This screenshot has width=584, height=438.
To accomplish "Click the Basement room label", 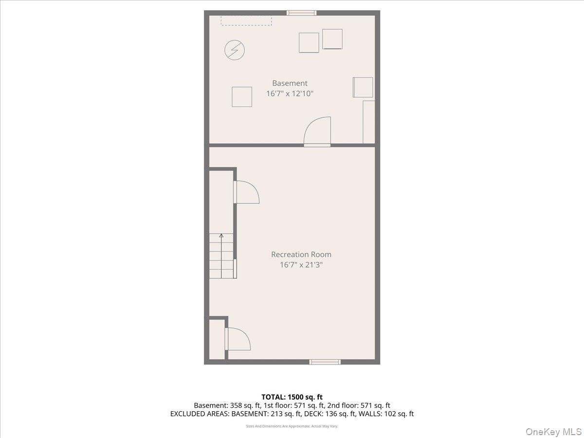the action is (290, 83).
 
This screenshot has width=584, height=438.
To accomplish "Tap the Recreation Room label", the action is (301, 255).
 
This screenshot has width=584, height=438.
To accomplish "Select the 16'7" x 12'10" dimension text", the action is (290, 93).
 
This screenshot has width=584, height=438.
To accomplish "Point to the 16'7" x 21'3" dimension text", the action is (301, 265).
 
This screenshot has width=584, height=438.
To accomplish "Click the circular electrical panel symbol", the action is (235, 50).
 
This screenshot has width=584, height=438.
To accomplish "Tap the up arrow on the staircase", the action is (221, 256).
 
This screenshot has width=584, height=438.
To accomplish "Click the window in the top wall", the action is (301, 13).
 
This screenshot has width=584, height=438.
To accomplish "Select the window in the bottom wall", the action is (325, 362).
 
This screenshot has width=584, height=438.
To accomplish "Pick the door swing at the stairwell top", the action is (246, 192).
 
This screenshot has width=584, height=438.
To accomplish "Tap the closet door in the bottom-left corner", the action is (237, 339).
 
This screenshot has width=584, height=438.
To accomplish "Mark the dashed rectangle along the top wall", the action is (246, 21).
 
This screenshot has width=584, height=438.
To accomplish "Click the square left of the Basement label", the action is (242, 97).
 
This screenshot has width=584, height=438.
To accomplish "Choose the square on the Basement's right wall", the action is (363, 87).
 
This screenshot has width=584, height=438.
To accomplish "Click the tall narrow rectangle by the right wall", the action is (369, 122).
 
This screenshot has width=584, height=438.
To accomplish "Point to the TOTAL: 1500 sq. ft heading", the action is (292, 397).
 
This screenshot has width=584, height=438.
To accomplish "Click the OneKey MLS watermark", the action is (554, 431).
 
